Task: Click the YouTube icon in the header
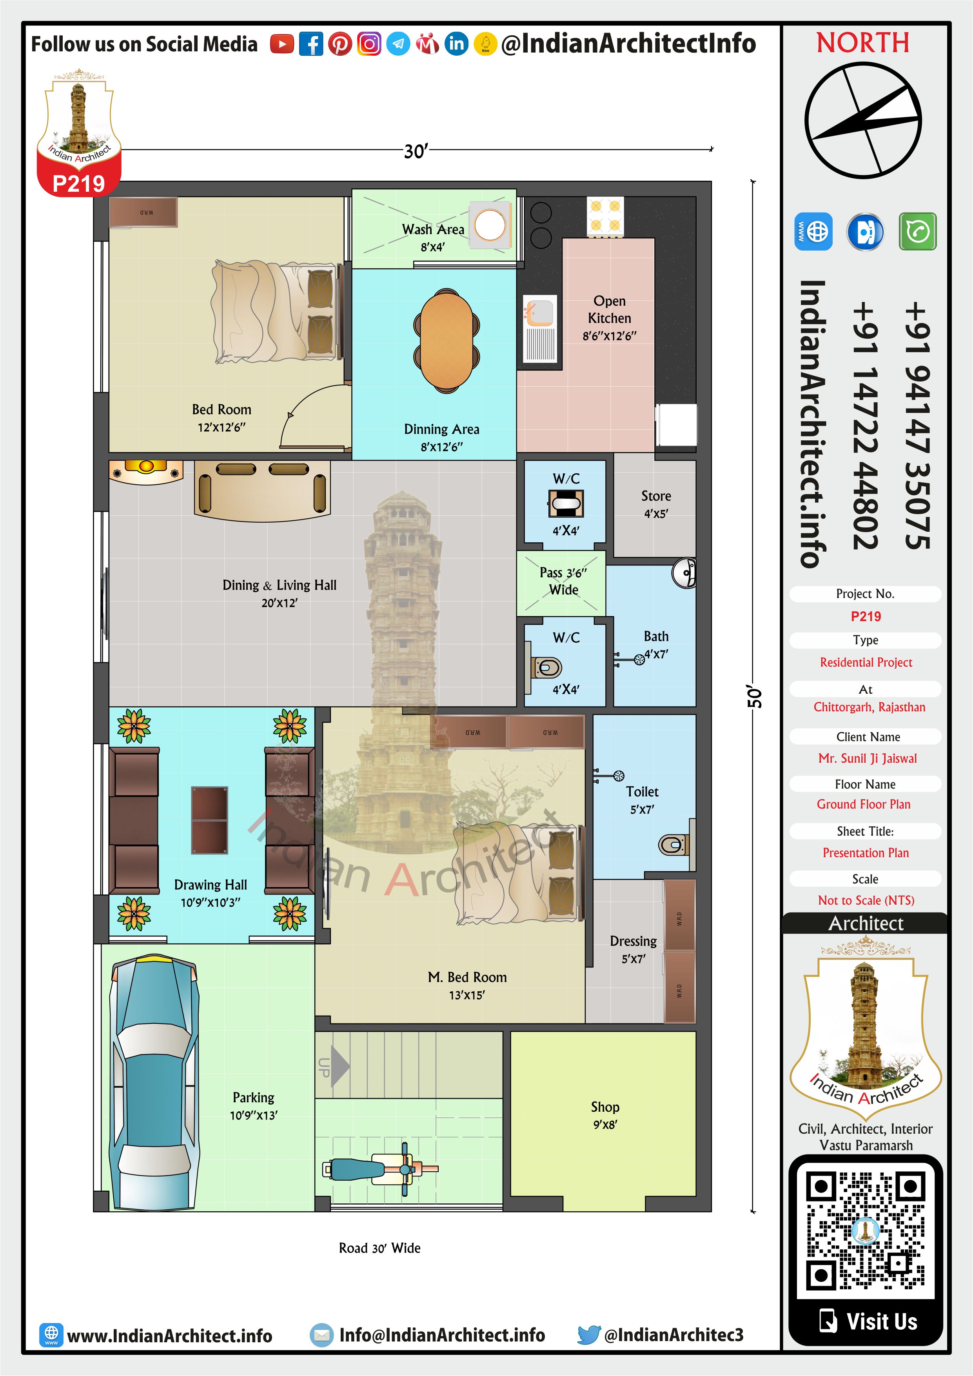(281, 44)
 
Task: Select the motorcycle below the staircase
(381, 1169)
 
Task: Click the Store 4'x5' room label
(656, 504)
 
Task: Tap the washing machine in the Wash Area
(490, 226)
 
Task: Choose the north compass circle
(863, 120)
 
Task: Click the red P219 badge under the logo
(78, 182)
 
